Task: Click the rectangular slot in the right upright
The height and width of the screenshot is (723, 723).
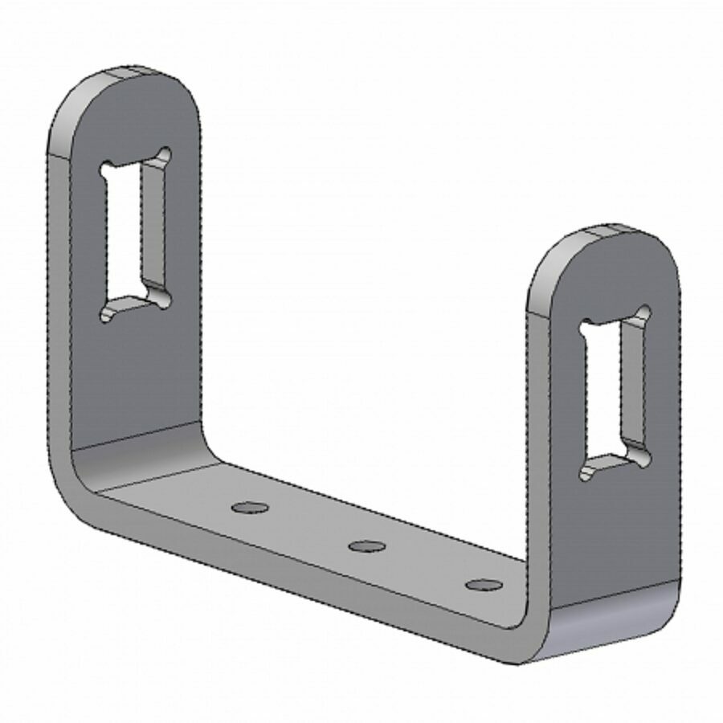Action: (612, 394)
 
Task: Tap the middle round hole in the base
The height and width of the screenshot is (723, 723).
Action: (366, 546)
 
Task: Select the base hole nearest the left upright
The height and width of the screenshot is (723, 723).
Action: (249, 507)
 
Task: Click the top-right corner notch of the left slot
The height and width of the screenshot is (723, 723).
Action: (165, 153)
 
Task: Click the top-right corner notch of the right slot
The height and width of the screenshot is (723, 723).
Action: (643, 311)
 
